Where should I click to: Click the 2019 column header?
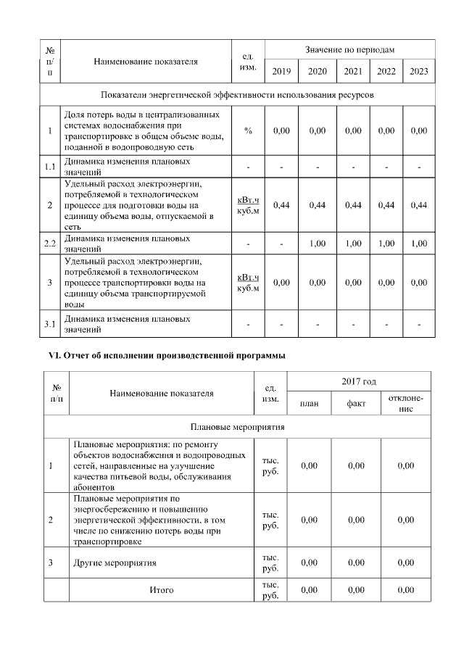281,71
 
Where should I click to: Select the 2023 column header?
419,71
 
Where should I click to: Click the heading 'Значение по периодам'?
349,49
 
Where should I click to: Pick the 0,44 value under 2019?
281,206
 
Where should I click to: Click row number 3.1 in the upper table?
50,324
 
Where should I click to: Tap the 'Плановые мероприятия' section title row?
237,428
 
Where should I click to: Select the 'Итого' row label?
161,590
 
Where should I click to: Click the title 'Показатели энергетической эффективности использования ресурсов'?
237,95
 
